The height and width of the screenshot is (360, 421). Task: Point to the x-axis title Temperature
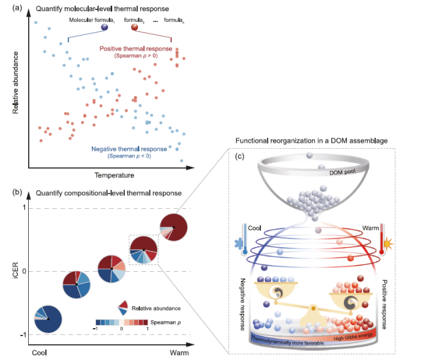coord(114,176)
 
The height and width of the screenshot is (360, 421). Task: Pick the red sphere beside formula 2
coord(135,27)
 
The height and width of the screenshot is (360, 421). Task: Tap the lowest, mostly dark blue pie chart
coord(48,318)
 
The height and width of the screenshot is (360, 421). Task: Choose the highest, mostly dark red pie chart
coord(173,227)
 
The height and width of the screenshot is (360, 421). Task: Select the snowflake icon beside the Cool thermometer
coord(238,249)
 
